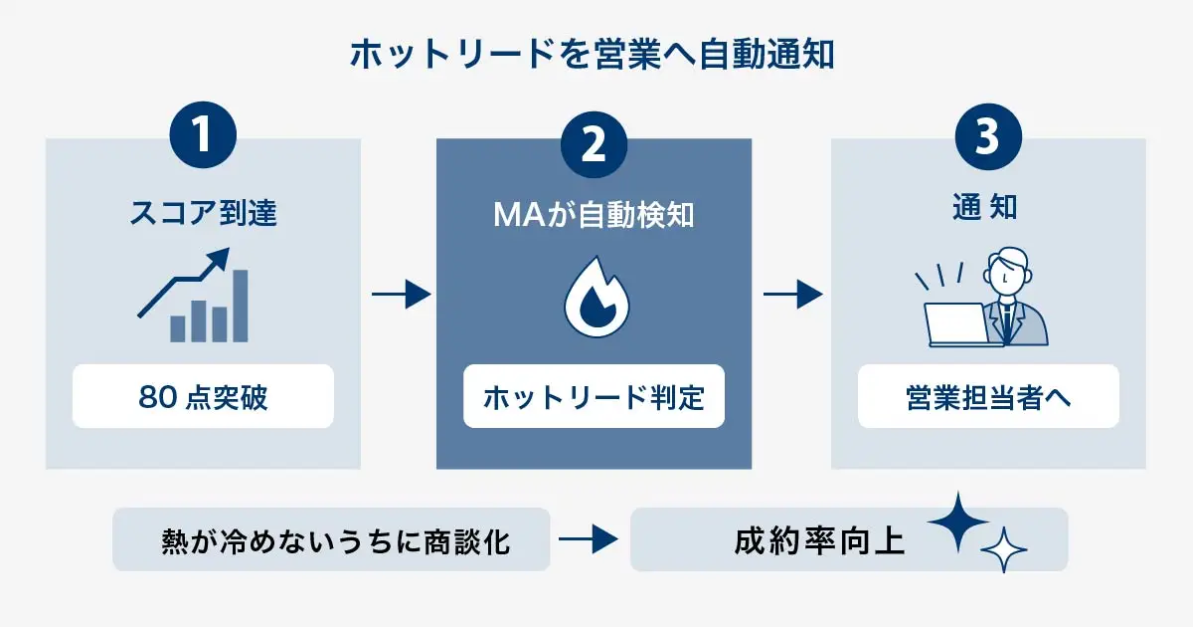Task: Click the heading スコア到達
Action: click(203, 213)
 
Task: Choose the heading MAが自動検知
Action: click(594, 213)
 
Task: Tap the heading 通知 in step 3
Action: click(987, 211)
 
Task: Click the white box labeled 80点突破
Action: click(203, 397)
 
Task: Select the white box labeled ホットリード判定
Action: click(594, 398)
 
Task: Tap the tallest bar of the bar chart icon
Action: click(240, 306)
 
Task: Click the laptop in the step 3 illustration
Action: click(955, 322)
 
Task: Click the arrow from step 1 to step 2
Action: click(402, 295)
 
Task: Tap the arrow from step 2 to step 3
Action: click(792, 295)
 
